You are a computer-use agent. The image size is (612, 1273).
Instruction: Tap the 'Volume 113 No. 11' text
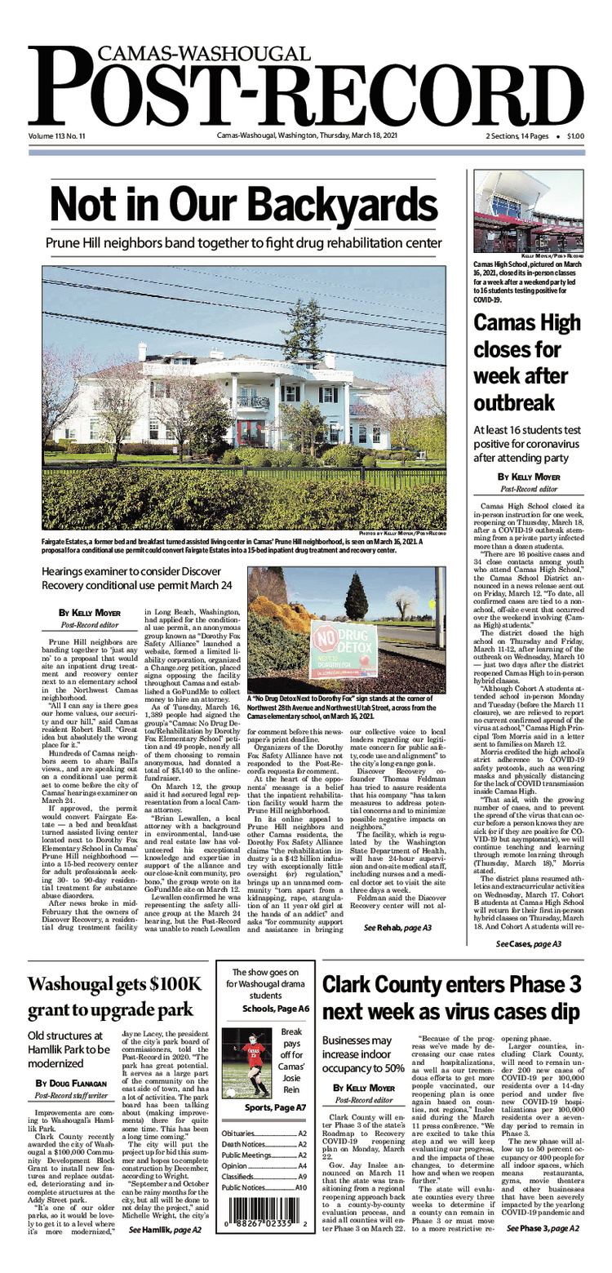[x=62, y=135]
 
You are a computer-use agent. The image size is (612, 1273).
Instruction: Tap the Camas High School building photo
[x=528, y=211]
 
